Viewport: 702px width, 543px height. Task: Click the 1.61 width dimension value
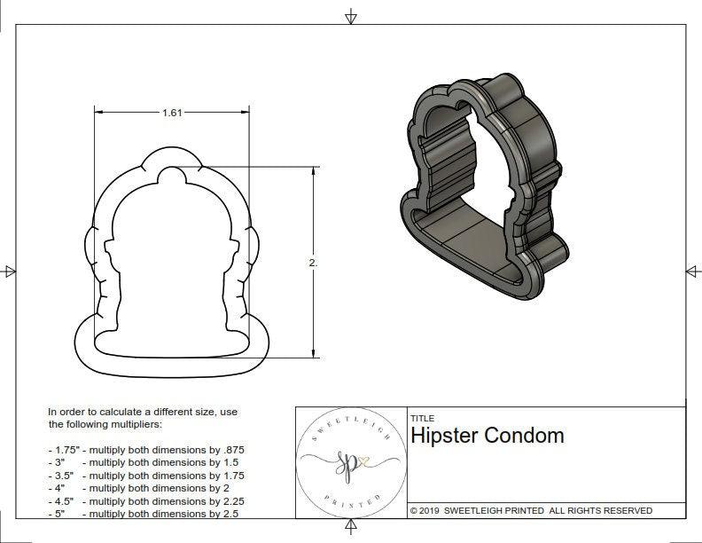pyautogui.click(x=172, y=113)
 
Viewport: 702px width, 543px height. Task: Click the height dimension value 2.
pyautogui.click(x=312, y=263)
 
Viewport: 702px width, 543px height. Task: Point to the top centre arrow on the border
pyautogui.click(x=351, y=16)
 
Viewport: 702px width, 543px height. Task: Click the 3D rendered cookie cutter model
pyautogui.click(x=483, y=186)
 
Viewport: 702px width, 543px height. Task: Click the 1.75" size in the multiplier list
pyautogui.click(x=62, y=450)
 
